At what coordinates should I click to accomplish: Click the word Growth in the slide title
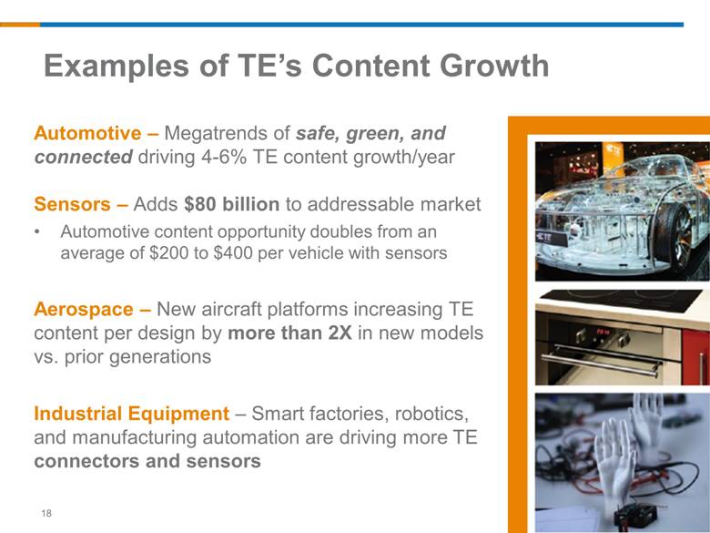pyautogui.click(x=494, y=66)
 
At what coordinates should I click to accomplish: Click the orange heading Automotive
pyautogui.click(x=87, y=133)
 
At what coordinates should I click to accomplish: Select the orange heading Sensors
pyautogui.click(x=72, y=204)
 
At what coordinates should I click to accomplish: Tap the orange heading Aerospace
pyautogui.click(x=84, y=309)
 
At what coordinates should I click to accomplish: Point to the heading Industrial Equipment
pyautogui.click(x=131, y=414)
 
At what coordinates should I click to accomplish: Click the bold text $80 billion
pyautogui.click(x=232, y=204)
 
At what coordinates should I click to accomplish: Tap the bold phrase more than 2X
pyautogui.click(x=289, y=333)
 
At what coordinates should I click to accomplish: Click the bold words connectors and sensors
pyautogui.click(x=147, y=461)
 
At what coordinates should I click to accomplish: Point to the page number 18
pyautogui.click(x=46, y=513)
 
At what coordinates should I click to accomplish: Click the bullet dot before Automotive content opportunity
pyautogui.click(x=37, y=232)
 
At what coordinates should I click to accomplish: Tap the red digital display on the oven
pyautogui.click(x=603, y=333)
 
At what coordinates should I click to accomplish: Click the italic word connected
pyautogui.click(x=83, y=157)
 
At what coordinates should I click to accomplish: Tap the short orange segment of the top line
pyautogui.click(x=20, y=25)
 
